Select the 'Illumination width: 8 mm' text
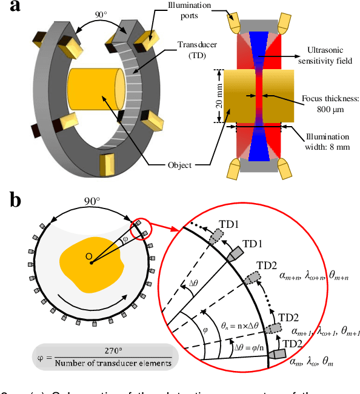[327, 138]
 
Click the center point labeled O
[88, 256]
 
